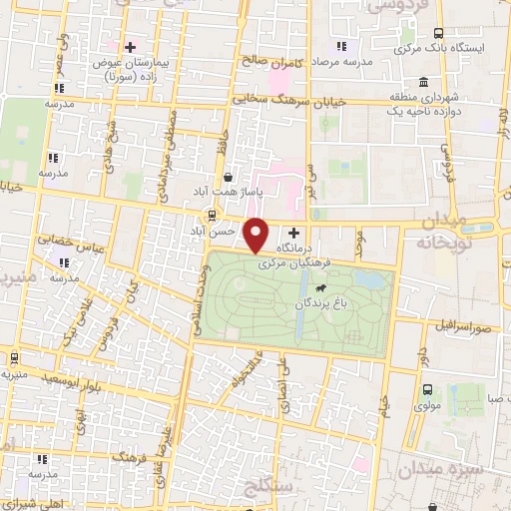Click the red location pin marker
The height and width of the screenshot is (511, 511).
click(x=256, y=235)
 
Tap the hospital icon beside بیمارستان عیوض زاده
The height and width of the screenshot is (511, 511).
click(x=130, y=47)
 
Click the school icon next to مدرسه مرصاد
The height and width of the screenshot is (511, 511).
click(x=341, y=45)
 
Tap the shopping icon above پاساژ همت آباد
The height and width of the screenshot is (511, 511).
click(x=231, y=176)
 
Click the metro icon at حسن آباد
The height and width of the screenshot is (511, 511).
click(x=211, y=216)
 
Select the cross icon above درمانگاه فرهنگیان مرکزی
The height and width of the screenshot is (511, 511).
click(x=293, y=232)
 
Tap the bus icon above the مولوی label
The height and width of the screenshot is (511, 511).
click(x=427, y=389)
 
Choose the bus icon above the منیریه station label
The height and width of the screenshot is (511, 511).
click(x=14, y=356)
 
